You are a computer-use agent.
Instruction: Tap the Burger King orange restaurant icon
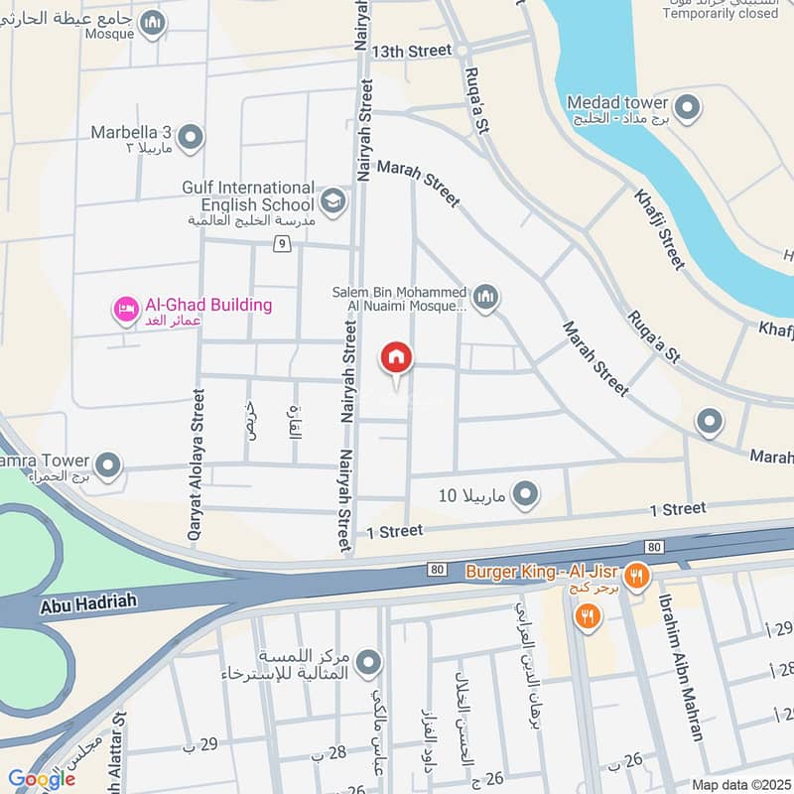pos(637,574)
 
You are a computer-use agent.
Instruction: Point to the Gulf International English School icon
pos(334,199)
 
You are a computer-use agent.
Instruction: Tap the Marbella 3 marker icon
pos(191,138)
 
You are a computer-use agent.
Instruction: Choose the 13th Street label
pos(411,50)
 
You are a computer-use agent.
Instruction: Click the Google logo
pos(42,779)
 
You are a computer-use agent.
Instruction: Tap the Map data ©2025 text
pos(738,785)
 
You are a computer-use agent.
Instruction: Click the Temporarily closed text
pos(722,13)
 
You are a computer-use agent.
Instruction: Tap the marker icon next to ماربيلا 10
pos(526,493)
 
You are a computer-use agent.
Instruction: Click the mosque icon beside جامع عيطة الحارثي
pos(152,22)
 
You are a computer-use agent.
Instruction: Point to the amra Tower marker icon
pos(108,463)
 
